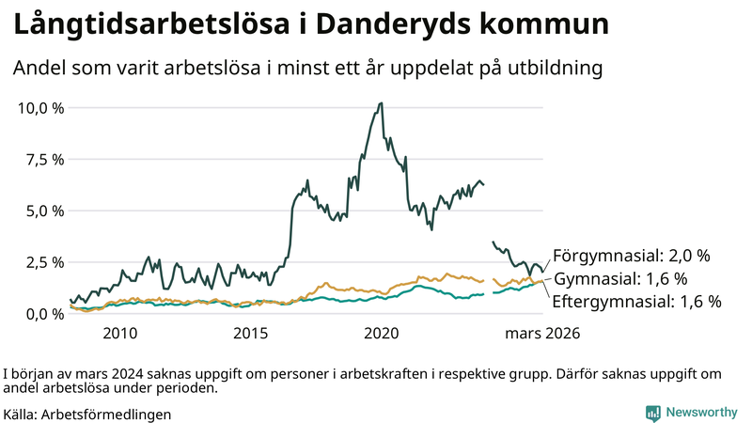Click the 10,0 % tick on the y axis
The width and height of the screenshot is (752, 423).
(41, 107)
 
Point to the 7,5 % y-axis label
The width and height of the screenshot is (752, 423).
(44, 159)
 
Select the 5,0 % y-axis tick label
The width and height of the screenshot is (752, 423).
(44, 211)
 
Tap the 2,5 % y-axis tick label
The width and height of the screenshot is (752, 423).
(44, 261)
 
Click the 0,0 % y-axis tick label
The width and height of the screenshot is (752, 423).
(44, 313)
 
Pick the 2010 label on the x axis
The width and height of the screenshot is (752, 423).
(120, 334)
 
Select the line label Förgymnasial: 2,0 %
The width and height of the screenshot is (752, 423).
(631, 256)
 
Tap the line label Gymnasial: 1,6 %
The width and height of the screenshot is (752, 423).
(620, 279)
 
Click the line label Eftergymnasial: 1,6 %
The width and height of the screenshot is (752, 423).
(636, 302)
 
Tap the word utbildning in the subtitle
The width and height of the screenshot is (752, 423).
(553, 69)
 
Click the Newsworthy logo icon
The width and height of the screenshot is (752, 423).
(652, 413)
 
